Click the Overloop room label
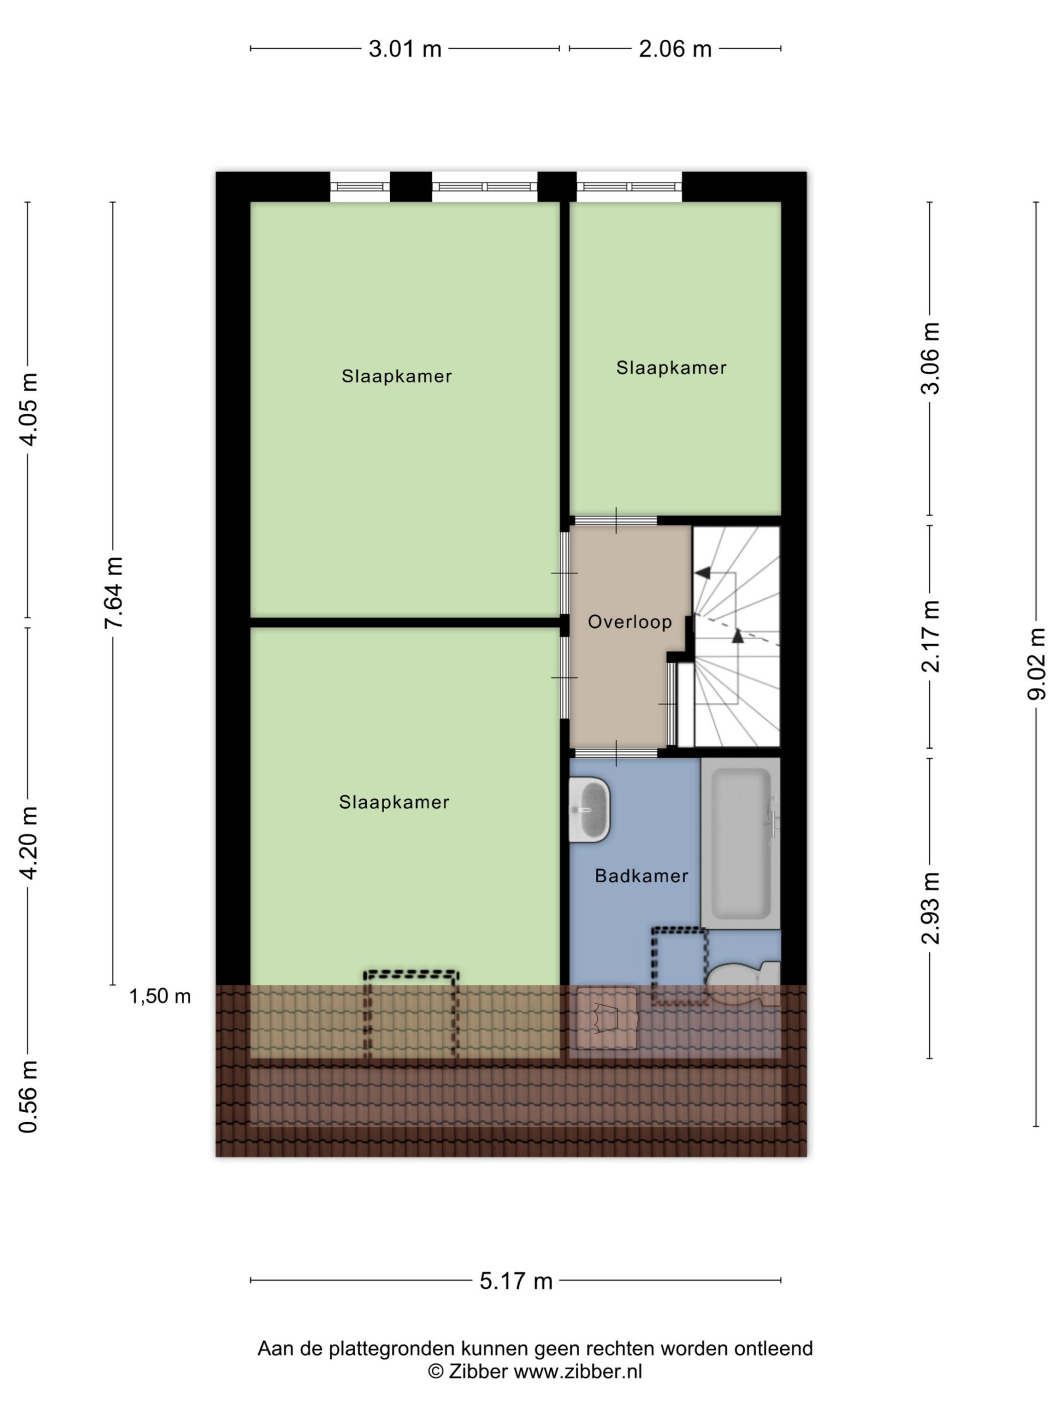click(x=629, y=622)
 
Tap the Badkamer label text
click(x=641, y=876)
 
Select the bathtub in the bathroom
click(x=741, y=843)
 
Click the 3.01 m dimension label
click(x=405, y=49)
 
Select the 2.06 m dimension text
click(x=675, y=49)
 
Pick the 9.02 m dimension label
click(x=1036, y=664)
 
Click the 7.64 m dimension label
click(x=114, y=593)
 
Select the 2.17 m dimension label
click(x=930, y=636)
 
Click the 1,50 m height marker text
click(x=160, y=996)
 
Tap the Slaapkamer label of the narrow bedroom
click(x=671, y=368)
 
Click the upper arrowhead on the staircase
click(x=703, y=572)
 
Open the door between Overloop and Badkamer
click(x=616, y=753)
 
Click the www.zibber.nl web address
click(x=577, y=1371)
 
